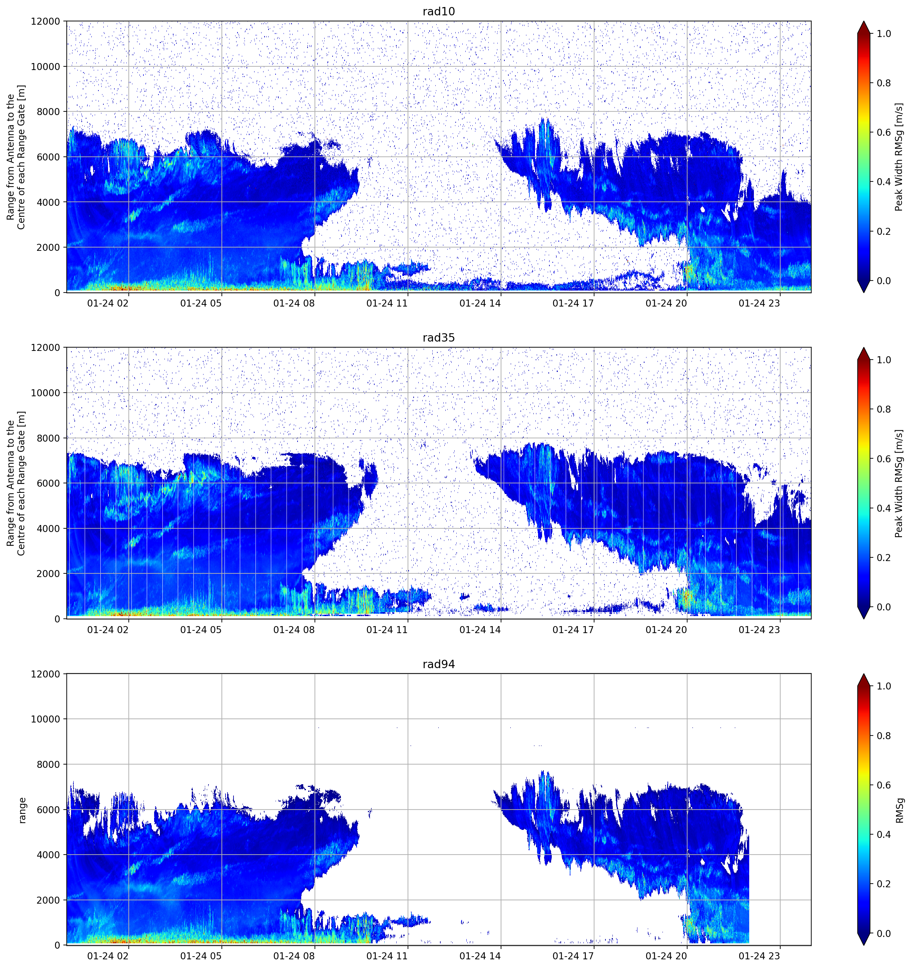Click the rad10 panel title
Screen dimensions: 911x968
[x=439, y=11]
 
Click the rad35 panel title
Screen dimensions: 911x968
[x=439, y=338]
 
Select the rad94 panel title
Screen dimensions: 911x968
[x=439, y=664]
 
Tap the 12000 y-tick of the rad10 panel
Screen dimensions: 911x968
[x=45, y=21]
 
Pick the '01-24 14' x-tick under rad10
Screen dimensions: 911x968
[x=480, y=303]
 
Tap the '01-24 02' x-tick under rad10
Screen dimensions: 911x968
[x=108, y=303]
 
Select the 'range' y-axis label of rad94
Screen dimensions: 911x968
[x=22, y=810]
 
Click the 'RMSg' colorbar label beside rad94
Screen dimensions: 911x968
[x=899, y=810]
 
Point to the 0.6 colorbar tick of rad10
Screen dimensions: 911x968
[x=884, y=132]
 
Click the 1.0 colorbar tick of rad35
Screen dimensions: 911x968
[x=884, y=360]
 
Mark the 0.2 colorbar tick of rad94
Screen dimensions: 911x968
[x=884, y=884]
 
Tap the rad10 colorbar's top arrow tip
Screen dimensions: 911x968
[x=864, y=21]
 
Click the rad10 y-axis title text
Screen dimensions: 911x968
[x=16, y=157]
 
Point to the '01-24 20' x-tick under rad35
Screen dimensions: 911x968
[x=666, y=629]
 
